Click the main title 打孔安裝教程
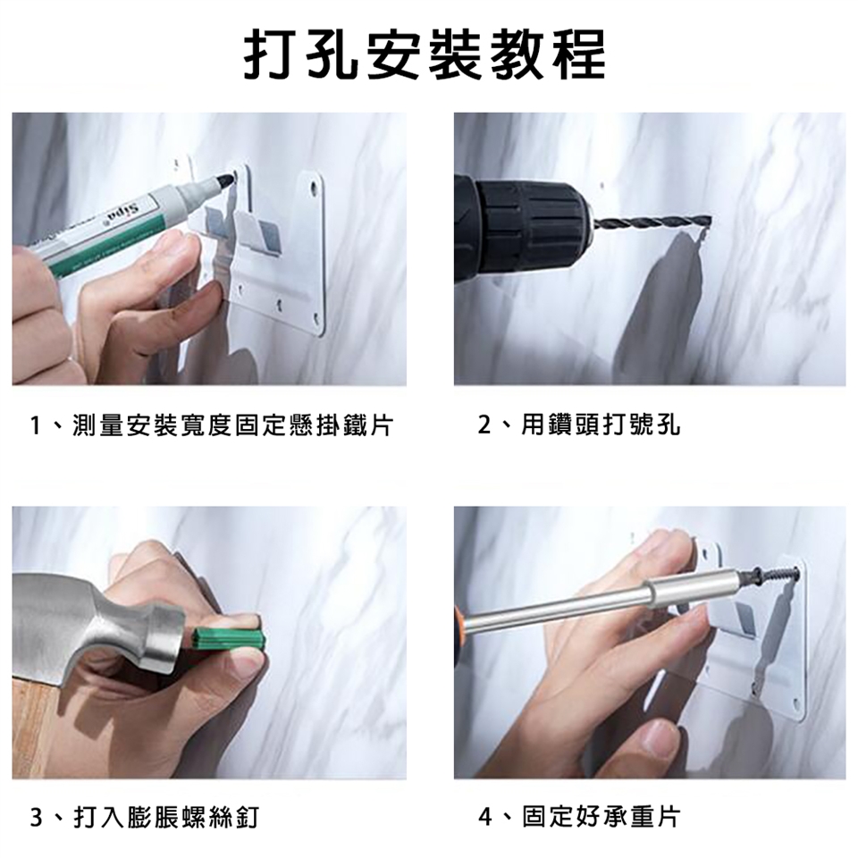[425, 55]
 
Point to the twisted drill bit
[652, 223]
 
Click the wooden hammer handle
[33, 728]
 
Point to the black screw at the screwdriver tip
[769, 576]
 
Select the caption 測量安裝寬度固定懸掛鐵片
[233, 425]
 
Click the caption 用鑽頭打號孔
[601, 425]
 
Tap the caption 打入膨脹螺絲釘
[166, 818]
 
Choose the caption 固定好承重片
[601, 817]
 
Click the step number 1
[36, 425]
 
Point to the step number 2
[484, 425]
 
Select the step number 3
[36, 818]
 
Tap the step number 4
[484, 818]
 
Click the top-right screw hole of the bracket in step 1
[314, 187]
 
